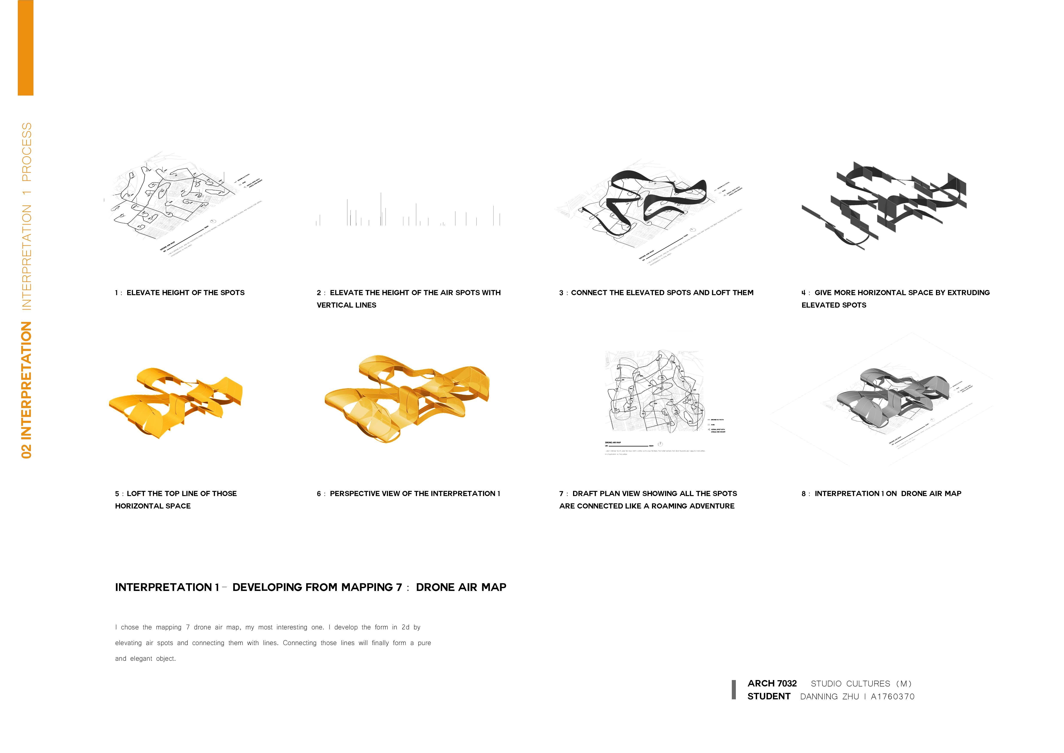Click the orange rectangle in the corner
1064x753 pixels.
coord(26,48)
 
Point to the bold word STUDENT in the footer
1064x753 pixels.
coord(769,696)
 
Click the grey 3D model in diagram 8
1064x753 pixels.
coord(892,399)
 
